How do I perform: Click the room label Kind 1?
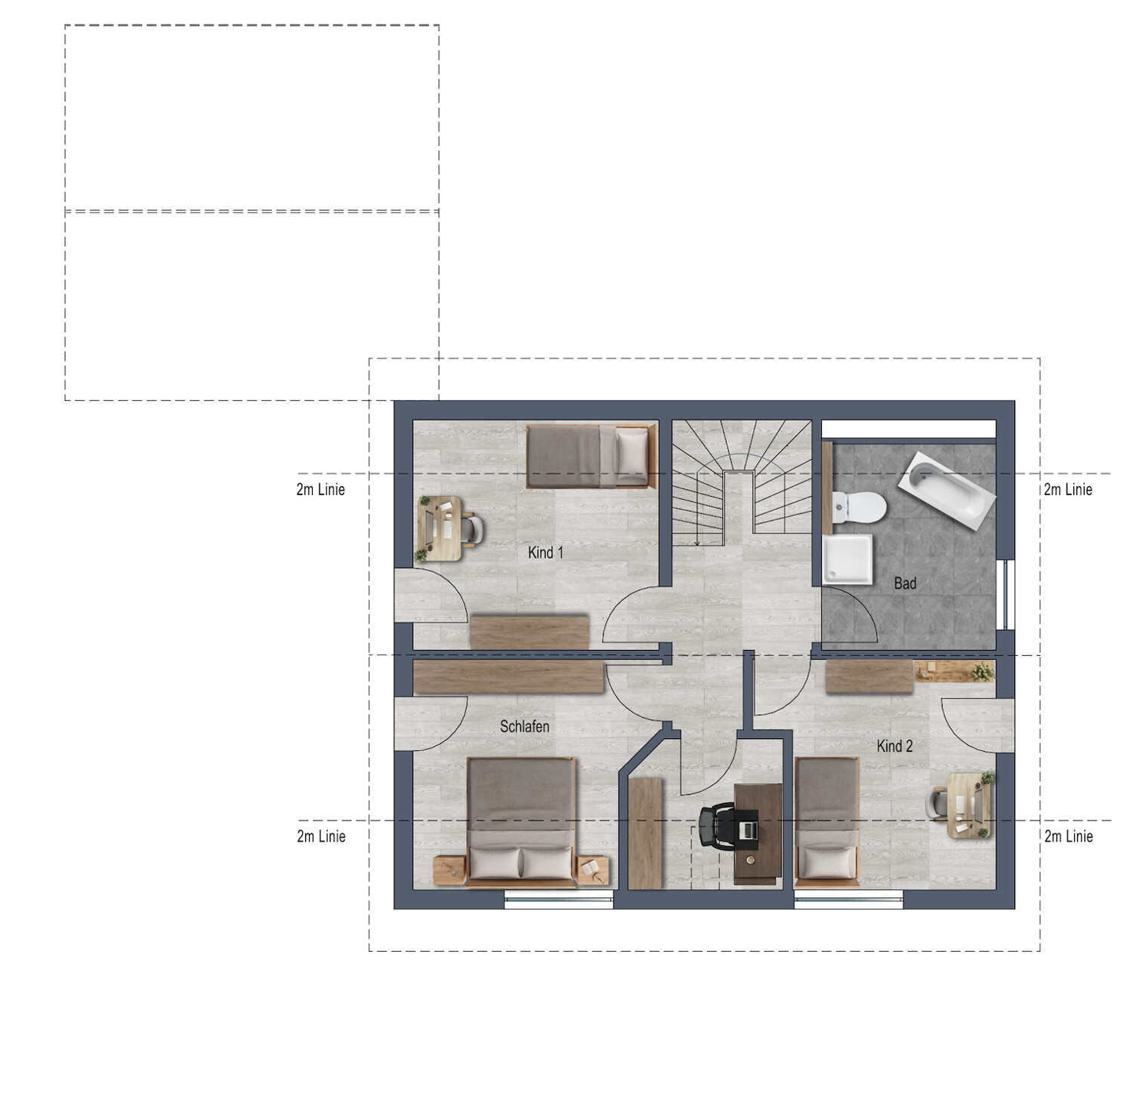545,553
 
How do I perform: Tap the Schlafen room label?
524,726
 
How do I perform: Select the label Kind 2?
894,746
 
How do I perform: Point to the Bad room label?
905,583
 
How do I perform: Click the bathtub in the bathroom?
947,490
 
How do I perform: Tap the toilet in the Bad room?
859,507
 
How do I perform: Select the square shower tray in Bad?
848,559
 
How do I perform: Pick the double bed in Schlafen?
521,821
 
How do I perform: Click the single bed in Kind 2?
827,821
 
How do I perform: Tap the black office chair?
717,827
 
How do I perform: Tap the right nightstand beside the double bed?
593,870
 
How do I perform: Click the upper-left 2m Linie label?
321,489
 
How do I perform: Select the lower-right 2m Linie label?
1068,836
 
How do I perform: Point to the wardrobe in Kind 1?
529,632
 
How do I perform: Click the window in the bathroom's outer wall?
1005,594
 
